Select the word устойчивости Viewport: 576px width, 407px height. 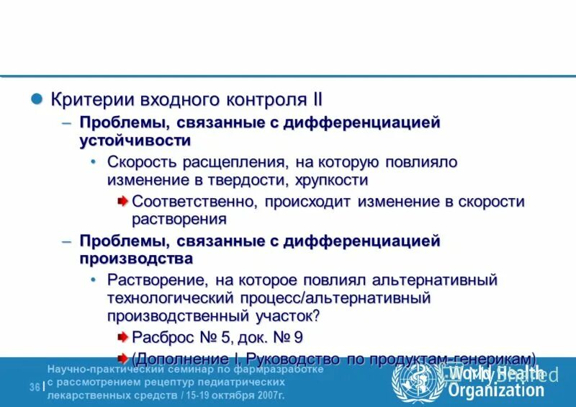(x=135, y=140)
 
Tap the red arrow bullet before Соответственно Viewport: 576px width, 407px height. (x=123, y=200)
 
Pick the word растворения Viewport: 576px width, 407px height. (x=179, y=219)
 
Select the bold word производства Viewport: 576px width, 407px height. (x=136, y=258)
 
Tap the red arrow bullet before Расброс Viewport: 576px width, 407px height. (x=123, y=336)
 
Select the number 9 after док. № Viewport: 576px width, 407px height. (x=298, y=336)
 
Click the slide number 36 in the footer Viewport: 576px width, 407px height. (x=34, y=388)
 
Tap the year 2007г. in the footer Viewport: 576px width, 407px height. (x=268, y=395)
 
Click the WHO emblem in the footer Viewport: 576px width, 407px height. (x=417, y=380)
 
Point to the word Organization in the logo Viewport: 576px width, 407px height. (x=496, y=391)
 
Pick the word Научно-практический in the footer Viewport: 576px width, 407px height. (x=100, y=370)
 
